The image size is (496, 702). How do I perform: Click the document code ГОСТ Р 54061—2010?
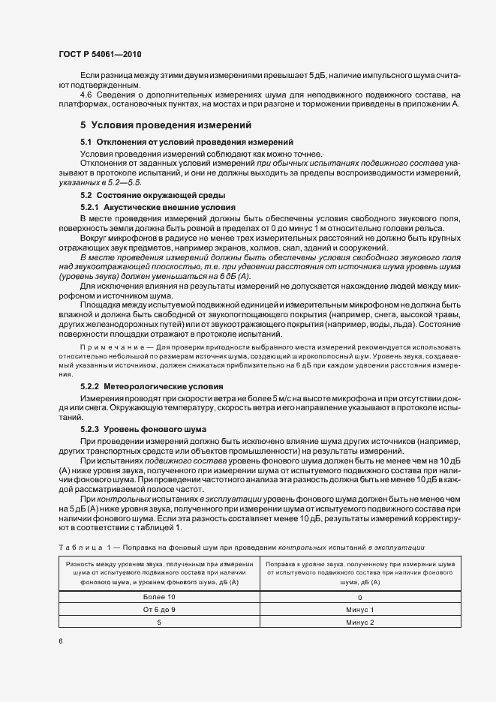coord(100,55)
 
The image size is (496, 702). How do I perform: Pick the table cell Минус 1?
coord(359,610)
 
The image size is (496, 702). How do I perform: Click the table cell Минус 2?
coord(359,622)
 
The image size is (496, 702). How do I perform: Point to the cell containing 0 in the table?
coord(359,597)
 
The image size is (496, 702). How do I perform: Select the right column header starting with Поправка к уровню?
coord(359,572)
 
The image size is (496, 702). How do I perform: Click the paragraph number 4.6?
coord(86,94)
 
